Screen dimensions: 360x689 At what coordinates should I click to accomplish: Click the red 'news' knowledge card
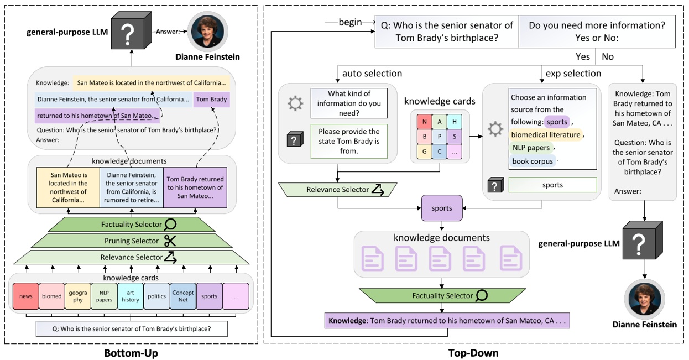coord(25,296)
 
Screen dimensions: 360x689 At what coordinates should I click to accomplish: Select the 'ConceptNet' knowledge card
coord(183,296)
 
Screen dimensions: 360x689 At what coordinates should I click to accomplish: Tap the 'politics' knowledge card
coord(156,296)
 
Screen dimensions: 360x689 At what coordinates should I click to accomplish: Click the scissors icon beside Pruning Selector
coord(169,241)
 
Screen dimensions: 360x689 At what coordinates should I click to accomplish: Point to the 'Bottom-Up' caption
coord(132,352)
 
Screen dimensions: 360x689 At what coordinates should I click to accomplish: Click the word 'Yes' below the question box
coord(583,56)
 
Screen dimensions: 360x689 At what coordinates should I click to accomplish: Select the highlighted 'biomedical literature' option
coord(545,134)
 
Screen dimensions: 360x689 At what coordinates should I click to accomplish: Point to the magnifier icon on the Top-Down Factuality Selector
coord(482,295)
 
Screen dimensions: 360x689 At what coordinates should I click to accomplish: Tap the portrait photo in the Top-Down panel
coord(644,297)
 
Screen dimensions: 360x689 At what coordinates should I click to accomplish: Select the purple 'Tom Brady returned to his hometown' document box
coord(195,187)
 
